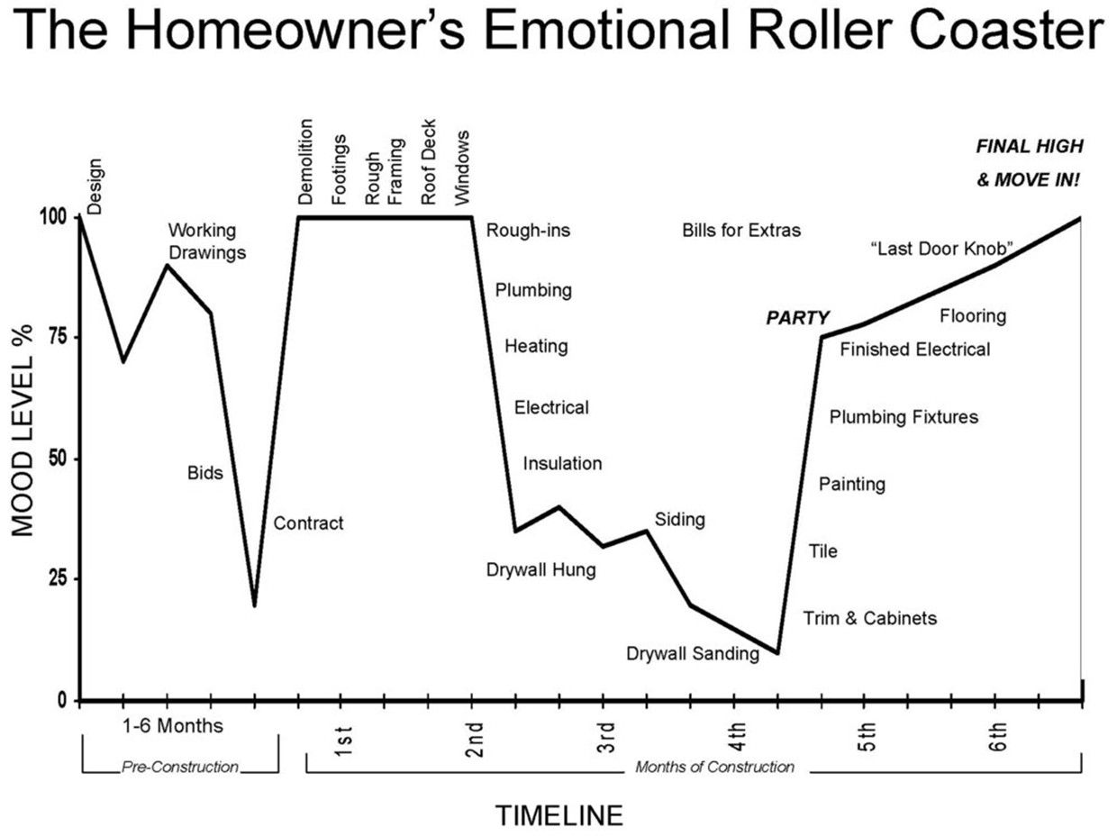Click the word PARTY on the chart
point(797,318)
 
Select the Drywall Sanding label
point(693,653)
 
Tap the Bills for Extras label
point(741,231)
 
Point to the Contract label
point(308,523)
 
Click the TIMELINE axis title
point(558,815)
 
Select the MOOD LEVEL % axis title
point(23,431)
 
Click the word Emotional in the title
point(608,31)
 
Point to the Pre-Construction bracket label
point(179,767)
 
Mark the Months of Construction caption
point(714,767)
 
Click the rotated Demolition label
point(304,162)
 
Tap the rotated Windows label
point(461,168)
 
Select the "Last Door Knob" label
point(941,249)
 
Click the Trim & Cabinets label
point(869,618)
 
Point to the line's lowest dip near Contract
point(254,605)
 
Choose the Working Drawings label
point(207,241)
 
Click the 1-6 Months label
point(173,726)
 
